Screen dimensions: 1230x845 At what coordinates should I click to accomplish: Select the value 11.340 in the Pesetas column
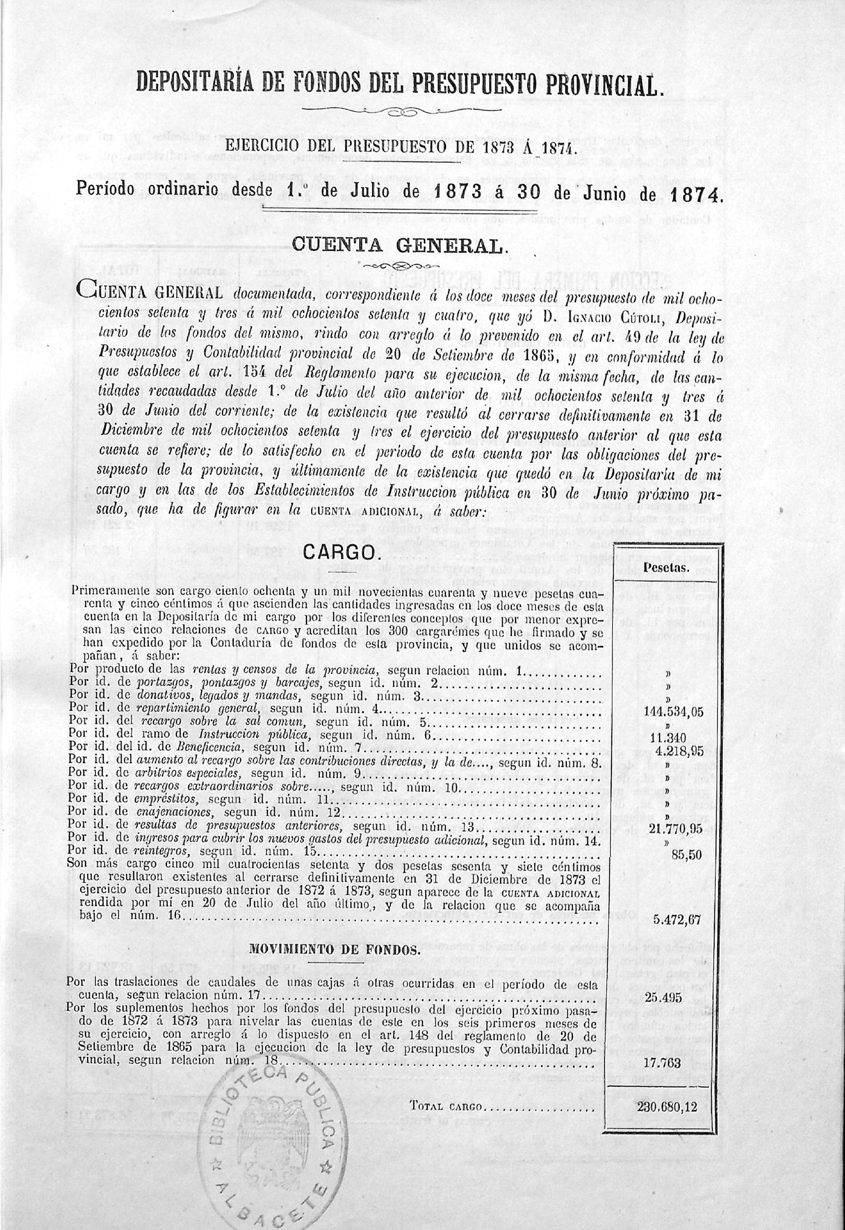[x=667, y=739]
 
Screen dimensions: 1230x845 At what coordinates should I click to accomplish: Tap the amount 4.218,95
[x=669, y=751]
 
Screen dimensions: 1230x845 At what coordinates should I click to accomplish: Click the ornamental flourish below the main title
[x=401, y=112]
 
